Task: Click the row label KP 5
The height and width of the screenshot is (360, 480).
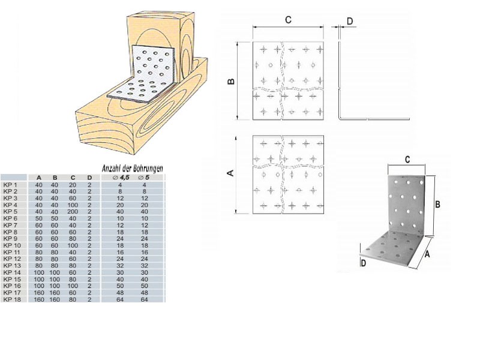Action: [x=11, y=211]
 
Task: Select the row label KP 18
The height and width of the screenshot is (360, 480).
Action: [x=12, y=298]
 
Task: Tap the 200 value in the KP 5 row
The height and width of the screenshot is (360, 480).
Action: [x=72, y=211]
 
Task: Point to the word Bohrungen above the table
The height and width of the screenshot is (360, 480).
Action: [x=145, y=169]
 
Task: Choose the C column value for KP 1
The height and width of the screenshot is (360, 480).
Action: [x=72, y=184]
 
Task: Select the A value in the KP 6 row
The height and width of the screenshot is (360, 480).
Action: [x=38, y=218]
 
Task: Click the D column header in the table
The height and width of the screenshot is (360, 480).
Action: [x=89, y=178]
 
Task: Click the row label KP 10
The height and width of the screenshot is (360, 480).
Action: [x=12, y=245]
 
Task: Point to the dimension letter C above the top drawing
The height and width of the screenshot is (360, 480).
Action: [x=288, y=20]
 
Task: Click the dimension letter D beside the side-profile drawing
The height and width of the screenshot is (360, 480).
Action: [x=349, y=22]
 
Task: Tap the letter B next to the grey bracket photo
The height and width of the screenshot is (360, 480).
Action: [x=438, y=204]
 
